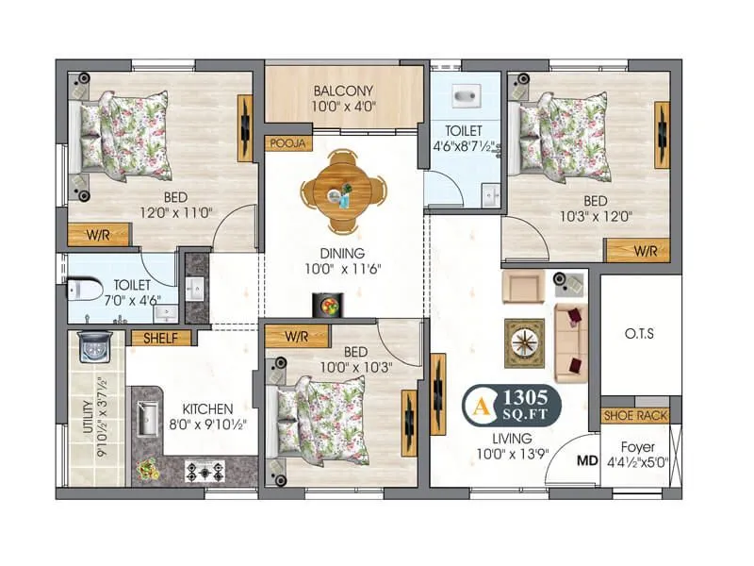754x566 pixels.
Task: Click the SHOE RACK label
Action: click(x=635, y=415)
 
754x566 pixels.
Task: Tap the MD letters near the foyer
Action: click(x=586, y=463)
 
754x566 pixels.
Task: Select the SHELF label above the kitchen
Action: click(x=160, y=337)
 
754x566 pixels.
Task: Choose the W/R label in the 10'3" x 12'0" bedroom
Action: click(x=644, y=250)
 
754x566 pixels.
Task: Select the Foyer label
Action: click(x=637, y=446)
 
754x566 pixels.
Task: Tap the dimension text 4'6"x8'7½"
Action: click(x=464, y=146)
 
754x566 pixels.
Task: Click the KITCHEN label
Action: click(x=207, y=408)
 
